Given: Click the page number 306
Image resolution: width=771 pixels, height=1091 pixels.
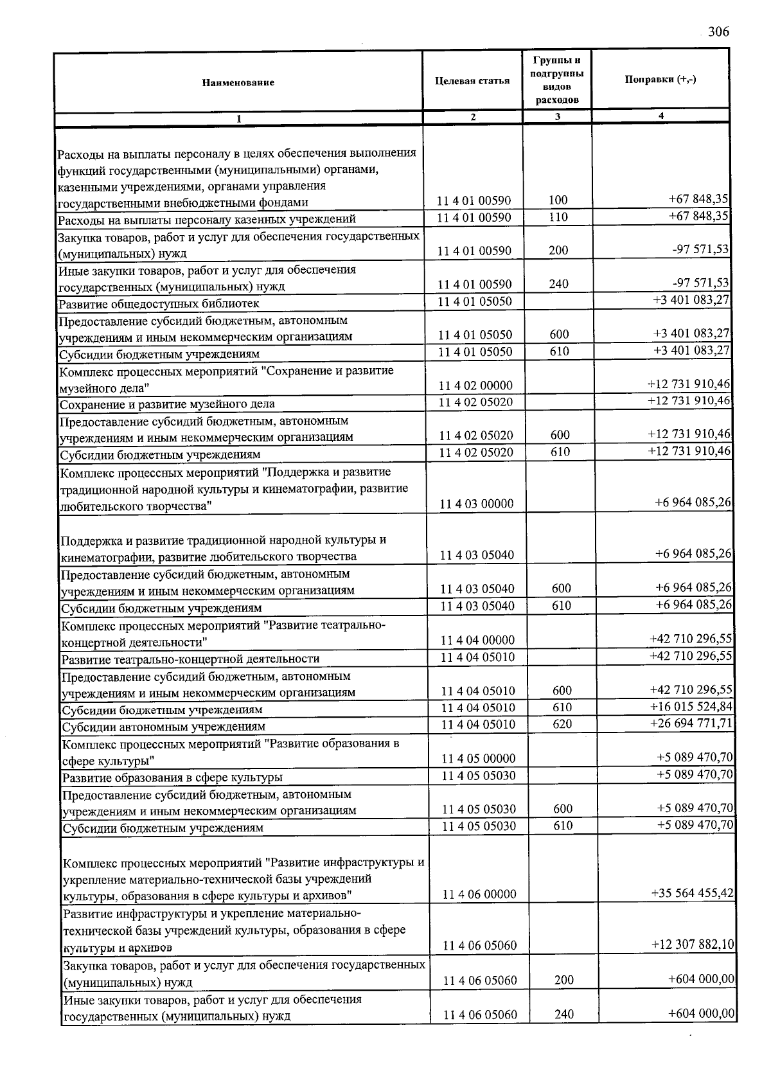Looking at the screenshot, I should (x=718, y=32).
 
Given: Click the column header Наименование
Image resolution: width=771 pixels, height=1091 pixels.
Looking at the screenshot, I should (x=238, y=82).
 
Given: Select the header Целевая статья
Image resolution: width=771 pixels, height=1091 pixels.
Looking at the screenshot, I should (x=472, y=80).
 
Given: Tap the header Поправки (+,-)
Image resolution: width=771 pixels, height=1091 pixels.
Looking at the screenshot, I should (x=660, y=79).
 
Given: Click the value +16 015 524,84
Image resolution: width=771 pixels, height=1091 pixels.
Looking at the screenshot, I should (x=691, y=707).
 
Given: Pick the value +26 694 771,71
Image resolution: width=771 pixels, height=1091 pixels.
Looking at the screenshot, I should (x=691, y=723).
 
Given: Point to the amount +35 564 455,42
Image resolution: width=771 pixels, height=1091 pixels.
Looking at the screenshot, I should (x=692, y=893).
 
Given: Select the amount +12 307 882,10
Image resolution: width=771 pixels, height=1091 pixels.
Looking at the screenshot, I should (x=693, y=945).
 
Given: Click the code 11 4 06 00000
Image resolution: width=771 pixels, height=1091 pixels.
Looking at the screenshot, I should (x=479, y=894).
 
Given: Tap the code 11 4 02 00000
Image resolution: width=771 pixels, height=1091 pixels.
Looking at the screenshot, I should (x=476, y=386).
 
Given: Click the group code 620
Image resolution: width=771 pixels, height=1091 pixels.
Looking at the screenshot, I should (x=562, y=724).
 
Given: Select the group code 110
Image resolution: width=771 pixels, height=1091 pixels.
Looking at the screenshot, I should (x=558, y=217).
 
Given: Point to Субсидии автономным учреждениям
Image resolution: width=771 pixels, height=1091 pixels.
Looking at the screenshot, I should (x=164, y=727).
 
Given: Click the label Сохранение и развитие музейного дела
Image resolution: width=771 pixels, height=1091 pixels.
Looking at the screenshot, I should (x=167, y=404).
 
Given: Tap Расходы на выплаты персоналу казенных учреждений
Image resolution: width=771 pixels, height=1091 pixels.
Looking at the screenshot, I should (x=206, y=219).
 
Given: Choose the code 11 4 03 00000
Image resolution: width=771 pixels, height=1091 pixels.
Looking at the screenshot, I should (x=477, y=504).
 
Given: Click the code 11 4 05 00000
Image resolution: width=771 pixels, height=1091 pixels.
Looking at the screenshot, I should (x=479, y=758).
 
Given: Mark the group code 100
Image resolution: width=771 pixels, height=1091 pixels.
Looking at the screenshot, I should (x=558, y=200).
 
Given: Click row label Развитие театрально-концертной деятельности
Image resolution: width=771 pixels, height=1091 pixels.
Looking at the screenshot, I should (x=190, y=659).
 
